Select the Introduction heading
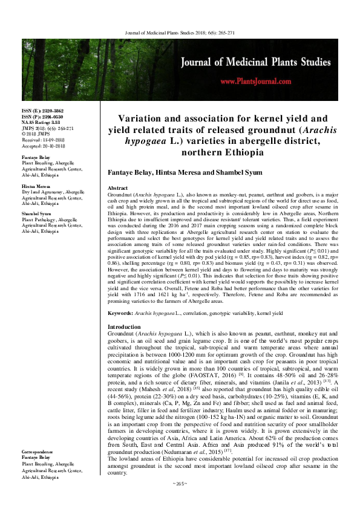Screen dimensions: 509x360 click(124, 326)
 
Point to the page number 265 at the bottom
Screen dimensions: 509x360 click(180, 501)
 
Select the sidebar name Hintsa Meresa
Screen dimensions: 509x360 click(36, 187)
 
